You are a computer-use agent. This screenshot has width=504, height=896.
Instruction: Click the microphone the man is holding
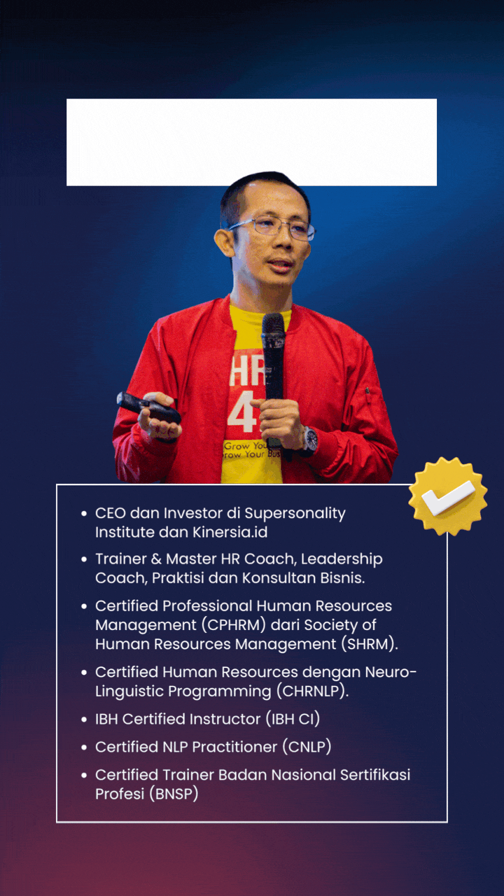pyautogui.click(x=274, y=360)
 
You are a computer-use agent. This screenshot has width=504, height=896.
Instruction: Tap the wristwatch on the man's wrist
pyautogui.click(x=310, y=440)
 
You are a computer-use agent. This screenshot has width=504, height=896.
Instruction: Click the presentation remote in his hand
pyautogui.click(x=148, y=408)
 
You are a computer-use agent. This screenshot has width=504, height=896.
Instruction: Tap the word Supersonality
pyautogui.click(x=295, y=513)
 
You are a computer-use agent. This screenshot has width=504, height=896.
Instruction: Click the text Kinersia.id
pyautogui.click(x=230, y=533)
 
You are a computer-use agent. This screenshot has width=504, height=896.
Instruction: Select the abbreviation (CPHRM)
pyautogui.click(x=233, y=625)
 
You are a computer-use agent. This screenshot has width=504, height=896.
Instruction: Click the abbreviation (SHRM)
pyautogui.click(x=370, y=645)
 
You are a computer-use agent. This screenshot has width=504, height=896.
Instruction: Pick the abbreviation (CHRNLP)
pyautogui.click(x=313, y=691)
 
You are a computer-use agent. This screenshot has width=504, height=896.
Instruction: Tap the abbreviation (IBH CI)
pyautogui.click(x=293, y=719)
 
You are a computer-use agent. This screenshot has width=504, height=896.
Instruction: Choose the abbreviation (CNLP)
pyautogui.click(x=307, y=747)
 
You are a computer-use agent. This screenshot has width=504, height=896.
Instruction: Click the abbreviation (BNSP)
pyautogui.click(x=174, y=794)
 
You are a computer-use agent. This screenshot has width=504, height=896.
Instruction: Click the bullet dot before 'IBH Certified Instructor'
pyautogui.click(x=84, y=720)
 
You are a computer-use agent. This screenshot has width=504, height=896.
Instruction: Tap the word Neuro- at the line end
pyautogui.click(x=391, y=673)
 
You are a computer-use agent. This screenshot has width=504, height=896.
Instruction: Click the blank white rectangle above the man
pyautogui.click(x=251, y=142)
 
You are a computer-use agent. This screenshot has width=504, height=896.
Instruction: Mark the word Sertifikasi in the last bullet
pyautogui.click(x=375, y=775)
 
